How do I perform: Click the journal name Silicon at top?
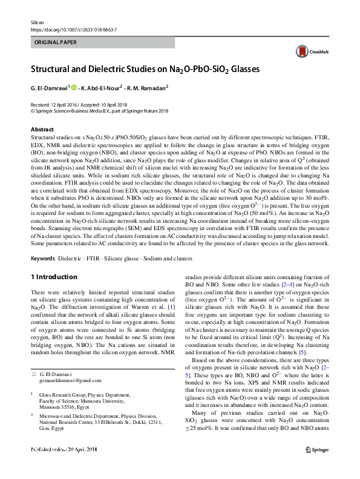[x=37, y=21]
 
